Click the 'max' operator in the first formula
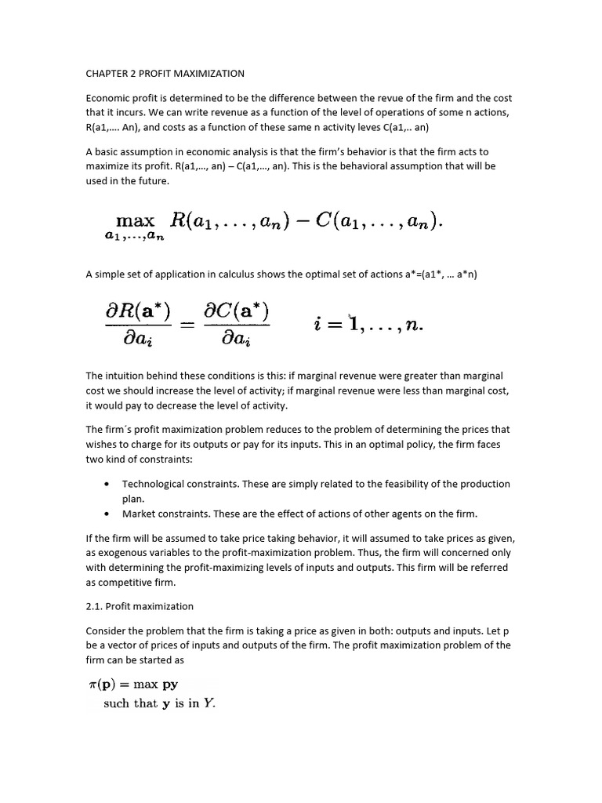click(x=135, y=221)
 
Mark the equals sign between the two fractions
click(x=187, y=324)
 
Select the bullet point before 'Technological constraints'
click(x=107, y=484)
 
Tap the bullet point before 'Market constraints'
click(x=107, y=514)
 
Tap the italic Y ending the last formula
click(x=209, y=703)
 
